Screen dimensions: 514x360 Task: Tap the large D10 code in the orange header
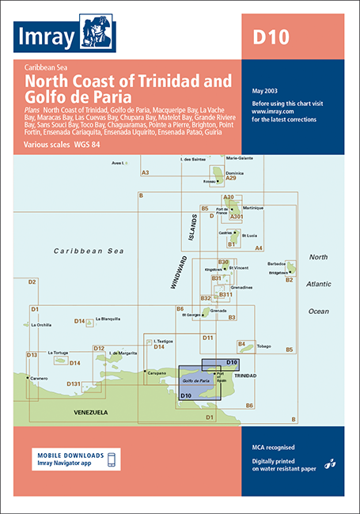click(271, 36)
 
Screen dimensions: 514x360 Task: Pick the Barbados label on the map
click(275, 264)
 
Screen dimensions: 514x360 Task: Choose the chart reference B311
click(225, 294)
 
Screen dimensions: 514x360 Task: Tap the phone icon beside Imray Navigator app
click(111, 460)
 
